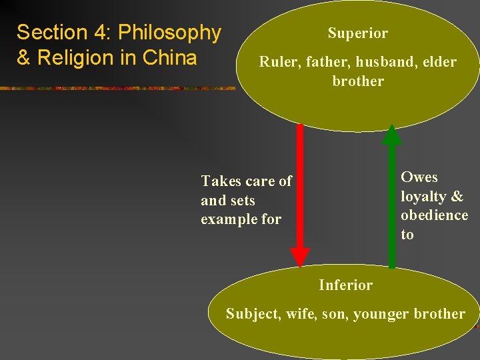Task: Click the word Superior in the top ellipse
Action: click(x=357, y=33)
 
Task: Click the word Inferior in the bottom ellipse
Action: click(x=345, y=285)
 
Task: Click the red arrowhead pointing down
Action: click(x=300, y=256)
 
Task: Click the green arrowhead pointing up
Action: click(x=393, y=135)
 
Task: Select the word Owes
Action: click(x=419, y=177)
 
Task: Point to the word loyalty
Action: click(x=423, y=197)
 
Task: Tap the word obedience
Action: click(x=434, y=215)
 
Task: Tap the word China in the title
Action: click(x=170, y=58)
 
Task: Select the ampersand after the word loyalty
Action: click(x=457, y=197)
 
